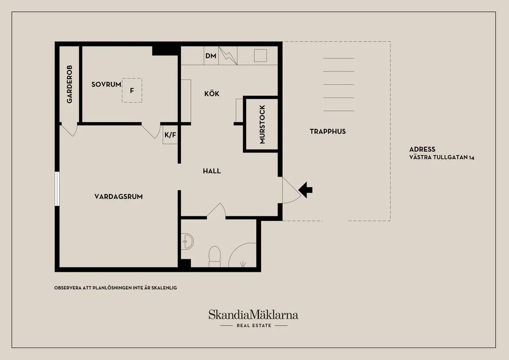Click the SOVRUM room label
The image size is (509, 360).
click(x=106, y=85)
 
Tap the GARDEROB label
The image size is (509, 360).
click(x=69, y=84)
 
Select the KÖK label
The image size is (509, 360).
click(x=212, y=93)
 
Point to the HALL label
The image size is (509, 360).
click(x=212, y=171)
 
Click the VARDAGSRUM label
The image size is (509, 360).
click(x=119, y=197)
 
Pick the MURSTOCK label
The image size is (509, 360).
click(x=262, y=125)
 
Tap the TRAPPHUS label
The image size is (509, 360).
click(x=328, y=131)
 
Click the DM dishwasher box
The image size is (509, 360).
click(x=211, y=56)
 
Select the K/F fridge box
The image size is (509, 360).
click(x=170, y=135)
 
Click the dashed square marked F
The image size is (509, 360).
click(x=132, y=90)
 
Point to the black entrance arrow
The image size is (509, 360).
click(x=305, y=190)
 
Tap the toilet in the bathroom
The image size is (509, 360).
click(x=214, y=256)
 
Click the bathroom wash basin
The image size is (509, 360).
click(x=187, y=241)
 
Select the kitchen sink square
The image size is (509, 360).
click(x=260, y=55)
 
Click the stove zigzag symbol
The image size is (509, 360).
click(x=228, y=56)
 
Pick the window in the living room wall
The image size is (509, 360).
click(x=57, y=189)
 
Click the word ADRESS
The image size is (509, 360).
click(x=422, y=149)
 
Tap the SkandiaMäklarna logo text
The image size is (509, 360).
click(x=253, y=315)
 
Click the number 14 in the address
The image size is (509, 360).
click(x=471, y=158)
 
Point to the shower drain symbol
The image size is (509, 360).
click(x=243, y=264)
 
